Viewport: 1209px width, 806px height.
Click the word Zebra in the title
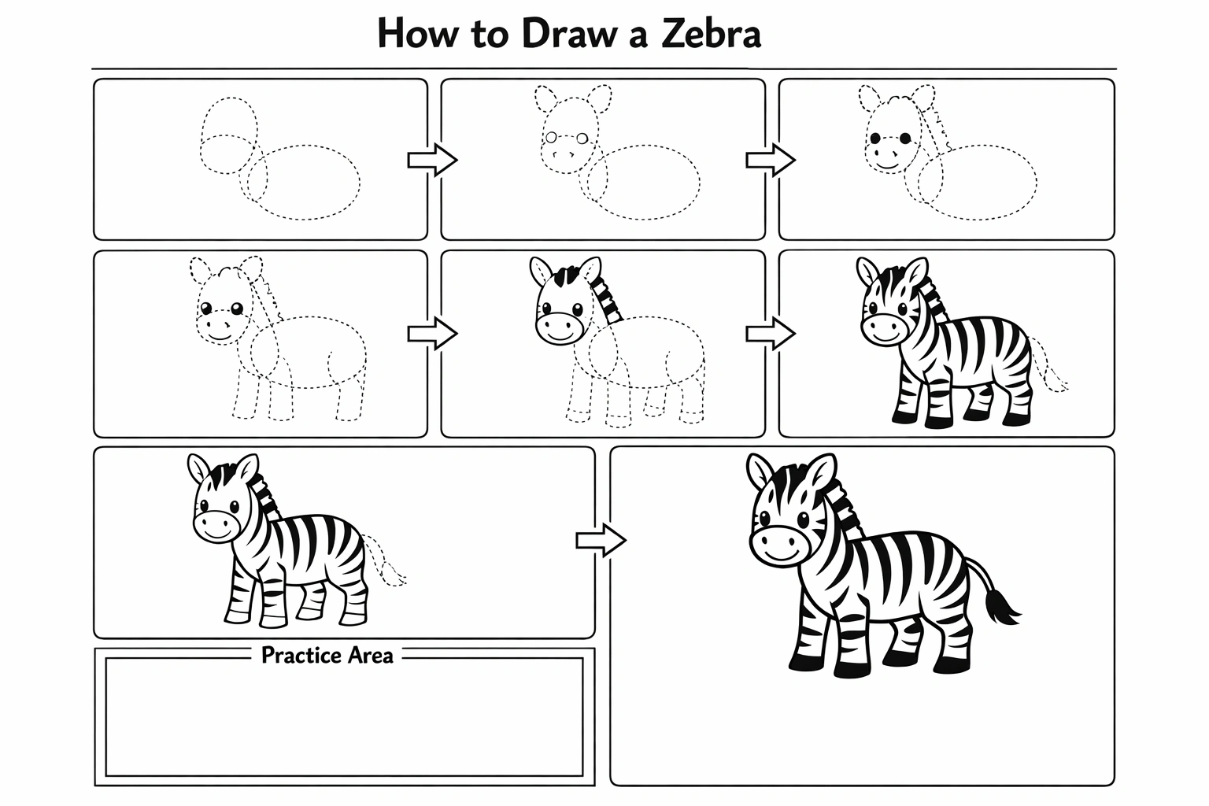tap(711, 34)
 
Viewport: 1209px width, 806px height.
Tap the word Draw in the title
tap(569, 34)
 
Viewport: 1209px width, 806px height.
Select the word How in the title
tap(417, 34)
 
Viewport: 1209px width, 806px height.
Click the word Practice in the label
tap(301, 656)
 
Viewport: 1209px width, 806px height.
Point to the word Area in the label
tap(370, 656)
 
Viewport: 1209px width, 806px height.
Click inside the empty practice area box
tap(344, 717)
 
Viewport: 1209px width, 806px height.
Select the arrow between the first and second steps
tap(432, 160)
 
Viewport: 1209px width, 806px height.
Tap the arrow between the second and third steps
tap(771, 160)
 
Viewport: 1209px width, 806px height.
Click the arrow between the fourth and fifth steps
tap(432, 334)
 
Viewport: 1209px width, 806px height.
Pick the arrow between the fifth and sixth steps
tap(771, 334)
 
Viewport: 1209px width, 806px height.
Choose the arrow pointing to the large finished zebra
tap(601, 540)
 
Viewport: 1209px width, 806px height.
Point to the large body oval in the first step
tap(304, 182)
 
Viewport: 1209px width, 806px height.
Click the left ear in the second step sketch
tap(545, 98)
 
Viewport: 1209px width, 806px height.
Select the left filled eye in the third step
tap(875, 139)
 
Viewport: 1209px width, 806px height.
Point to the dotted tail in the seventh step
tap(385, 561)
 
